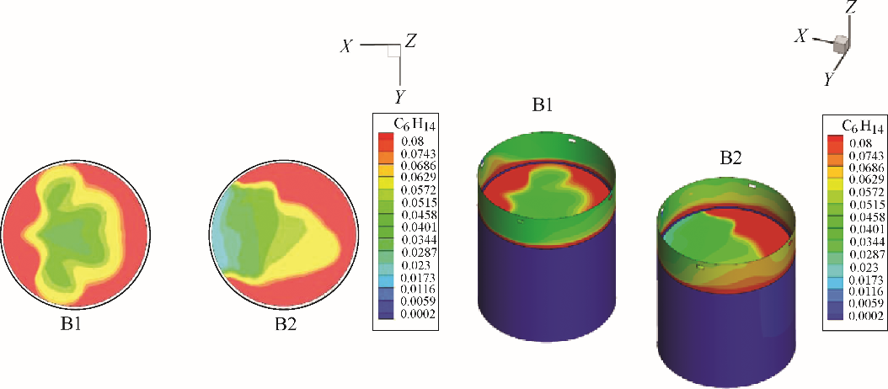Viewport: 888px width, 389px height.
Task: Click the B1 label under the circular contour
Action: pyautogui.click(x=75, y=329)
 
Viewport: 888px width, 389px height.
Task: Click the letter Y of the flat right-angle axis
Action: pyautogui.click(x=399, y=96)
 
